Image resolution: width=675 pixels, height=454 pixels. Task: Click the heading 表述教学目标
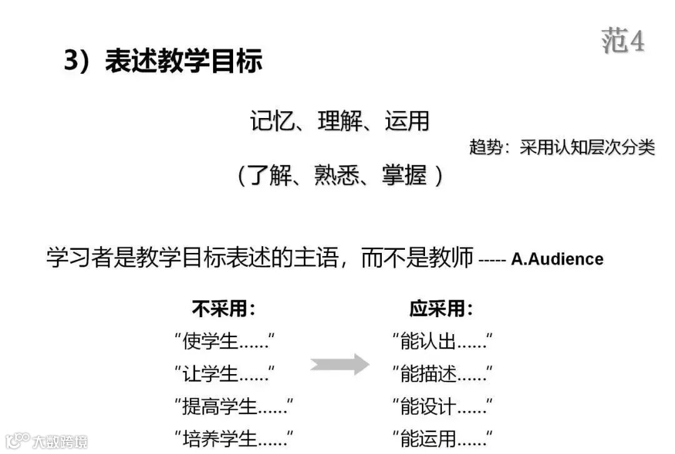click(x=184, y=61)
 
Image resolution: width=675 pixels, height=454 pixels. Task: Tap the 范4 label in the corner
click(x=622, y=41)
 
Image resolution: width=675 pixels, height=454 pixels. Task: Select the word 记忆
click(x=272, y=121)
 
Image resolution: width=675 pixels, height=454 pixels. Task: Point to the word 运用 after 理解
click(x=407, y=121)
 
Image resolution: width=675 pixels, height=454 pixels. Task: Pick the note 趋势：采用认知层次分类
click(x=562, y=147)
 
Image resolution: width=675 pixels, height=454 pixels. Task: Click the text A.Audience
click(x=557, y=259)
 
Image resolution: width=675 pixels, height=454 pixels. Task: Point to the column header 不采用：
click(x=224, y=308)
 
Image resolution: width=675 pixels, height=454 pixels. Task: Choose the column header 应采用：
click(x=441, y=308)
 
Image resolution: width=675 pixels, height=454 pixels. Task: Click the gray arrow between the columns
click(x=339, y=363)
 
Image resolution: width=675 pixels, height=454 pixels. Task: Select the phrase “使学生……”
click(x=224, y=342)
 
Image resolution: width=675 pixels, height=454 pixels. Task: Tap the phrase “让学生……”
click(x=224, y=374)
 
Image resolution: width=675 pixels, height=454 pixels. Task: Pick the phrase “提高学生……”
click(x=234, y=407)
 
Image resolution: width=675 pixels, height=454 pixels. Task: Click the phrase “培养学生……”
click(x=234, y=438)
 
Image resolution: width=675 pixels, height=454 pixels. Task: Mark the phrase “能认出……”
click(x=442, y=342)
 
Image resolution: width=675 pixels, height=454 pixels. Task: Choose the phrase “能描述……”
click(x=442, y=374)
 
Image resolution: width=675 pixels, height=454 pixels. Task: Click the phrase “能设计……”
click(x=442, y=407)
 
